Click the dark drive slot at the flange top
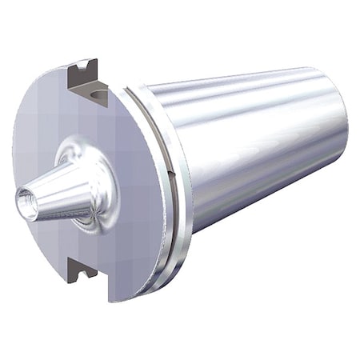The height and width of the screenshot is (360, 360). [x=83, y=76]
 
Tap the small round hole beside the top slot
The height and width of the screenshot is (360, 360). [x=99, y=97]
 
